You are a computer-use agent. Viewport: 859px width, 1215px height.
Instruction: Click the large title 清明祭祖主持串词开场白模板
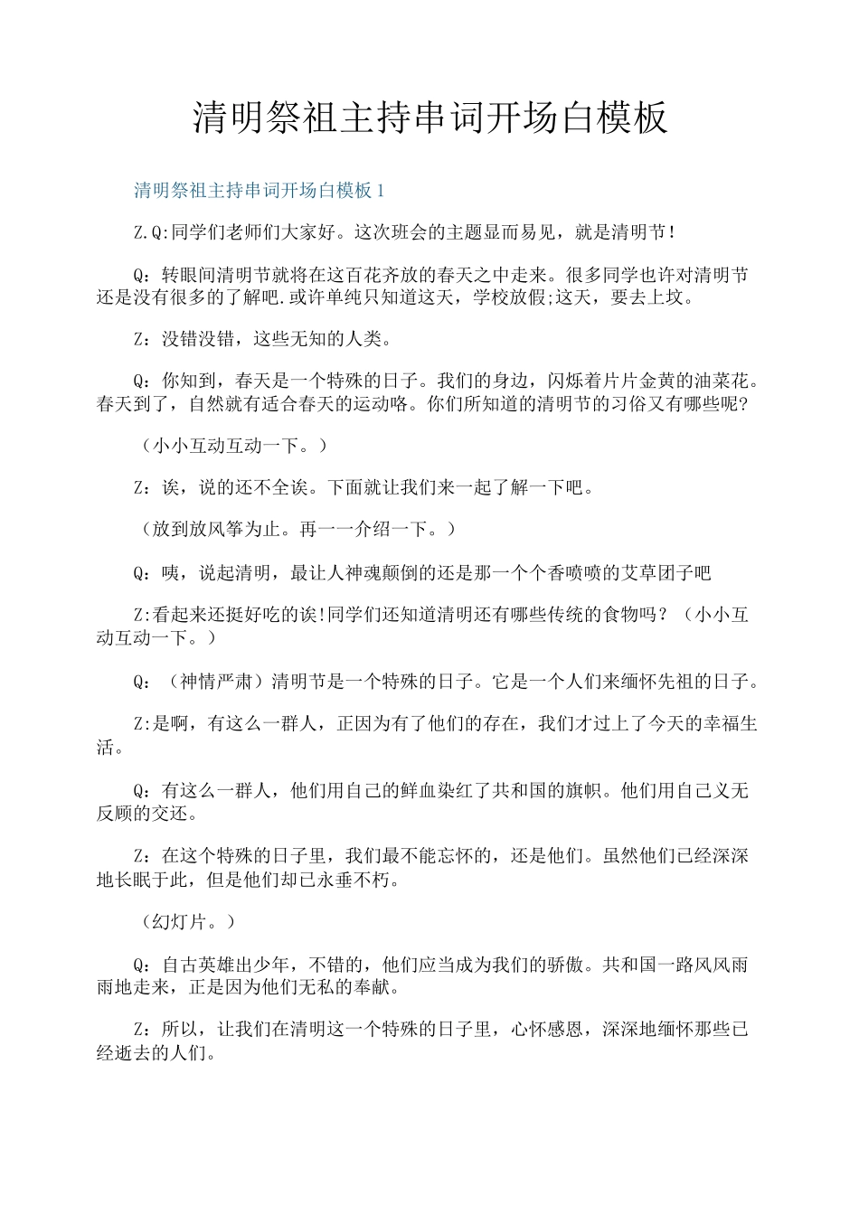point(429,118)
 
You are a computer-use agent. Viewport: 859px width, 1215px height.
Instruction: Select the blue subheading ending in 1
point(260,191)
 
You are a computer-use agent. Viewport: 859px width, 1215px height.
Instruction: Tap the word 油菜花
point(722,381)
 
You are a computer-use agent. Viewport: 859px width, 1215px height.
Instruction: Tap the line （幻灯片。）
point(188,922)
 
